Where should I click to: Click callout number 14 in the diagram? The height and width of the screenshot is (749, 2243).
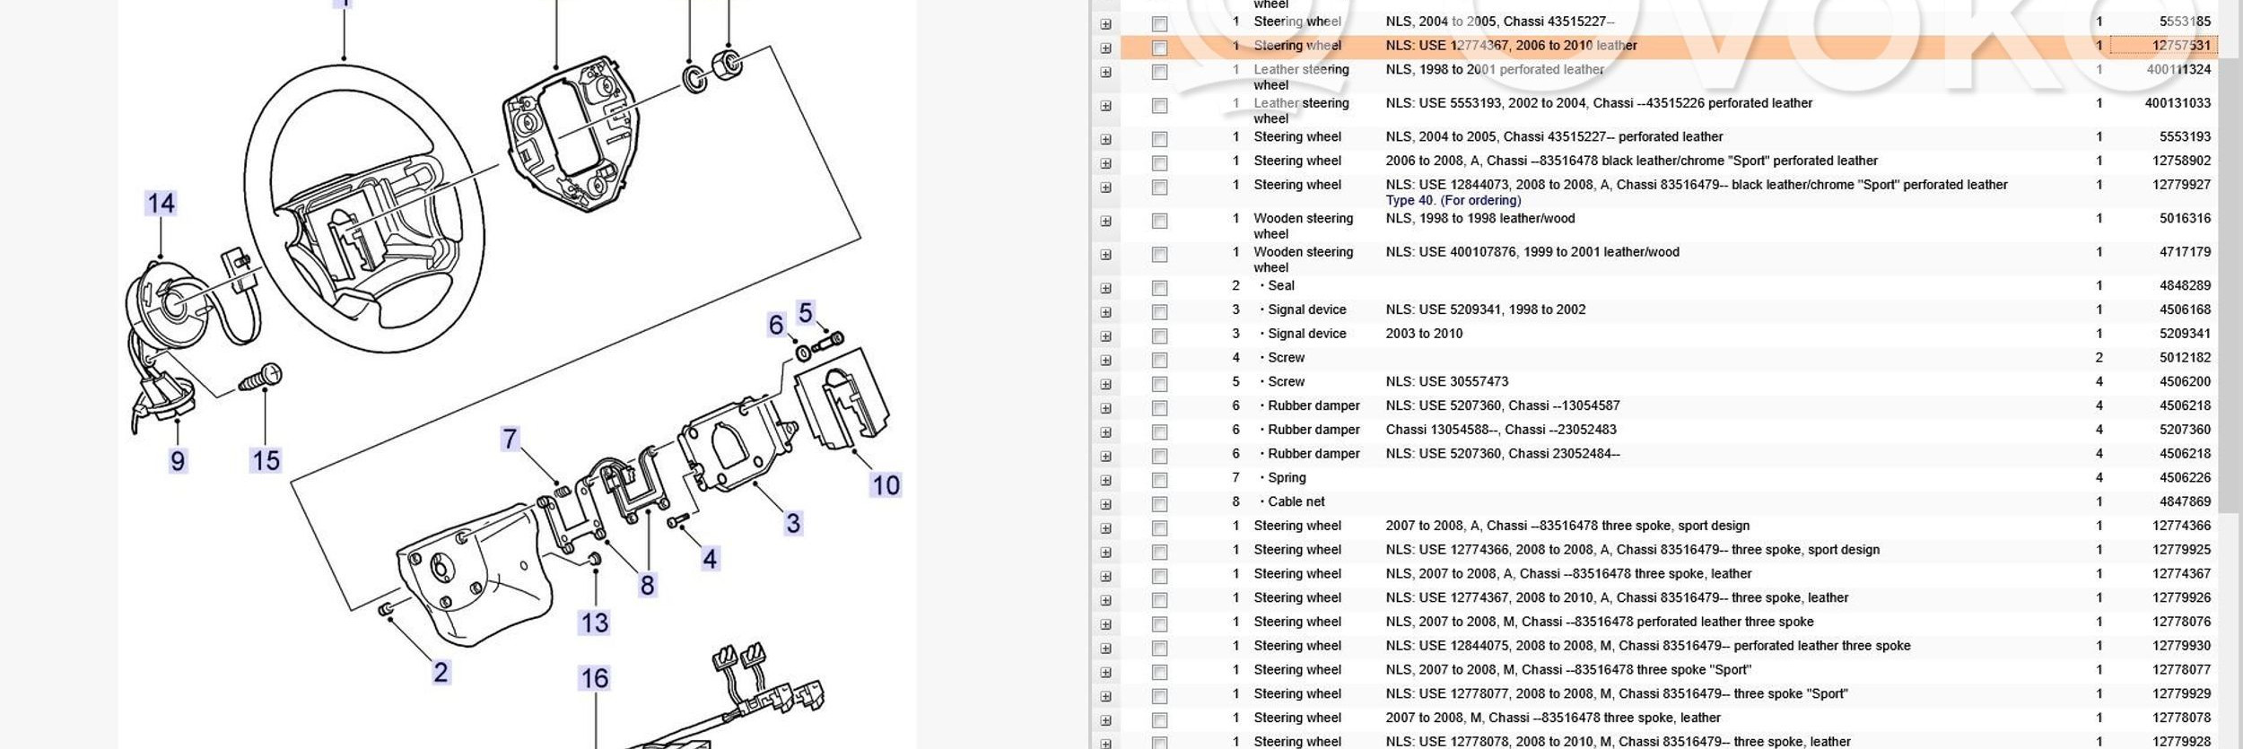click(x=161, y=204)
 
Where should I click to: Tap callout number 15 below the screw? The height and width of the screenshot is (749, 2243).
click(x=266, y=461)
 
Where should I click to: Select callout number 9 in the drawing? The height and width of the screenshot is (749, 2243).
click(x=178, y=461)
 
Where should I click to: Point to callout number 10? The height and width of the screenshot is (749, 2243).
click(x=886, y=485)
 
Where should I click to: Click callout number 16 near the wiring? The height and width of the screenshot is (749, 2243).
click(x=595, y=678)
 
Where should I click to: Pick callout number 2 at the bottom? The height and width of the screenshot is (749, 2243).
click(x=441, y=672)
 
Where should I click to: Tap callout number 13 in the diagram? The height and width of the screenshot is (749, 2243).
click(x=595, y=623)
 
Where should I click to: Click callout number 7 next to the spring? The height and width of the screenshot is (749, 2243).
click(x=510, y=439)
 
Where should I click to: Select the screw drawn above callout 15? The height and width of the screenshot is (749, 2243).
click(x=261, y=379)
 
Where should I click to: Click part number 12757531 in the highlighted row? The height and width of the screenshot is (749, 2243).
click(x=2181, y=46)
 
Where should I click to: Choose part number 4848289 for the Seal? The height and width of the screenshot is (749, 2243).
click(x=2185, y=285)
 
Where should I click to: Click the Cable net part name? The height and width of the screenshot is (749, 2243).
click(x=1296, y=501)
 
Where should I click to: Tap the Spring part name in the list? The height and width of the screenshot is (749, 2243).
click(x=1287, y=477)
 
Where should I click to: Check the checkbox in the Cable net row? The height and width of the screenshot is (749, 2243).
click(x=1159, y=503)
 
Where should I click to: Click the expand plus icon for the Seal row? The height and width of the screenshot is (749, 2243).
click(x=1105, y=288)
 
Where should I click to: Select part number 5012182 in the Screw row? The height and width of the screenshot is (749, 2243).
click(x=2185, y=357)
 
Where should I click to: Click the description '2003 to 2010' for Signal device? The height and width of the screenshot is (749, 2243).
click(x=1424, y=334)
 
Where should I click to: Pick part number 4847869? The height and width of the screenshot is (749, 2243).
click(x=2185, y=501)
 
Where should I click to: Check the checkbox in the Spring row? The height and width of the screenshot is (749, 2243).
click(x=1159, y=480)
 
